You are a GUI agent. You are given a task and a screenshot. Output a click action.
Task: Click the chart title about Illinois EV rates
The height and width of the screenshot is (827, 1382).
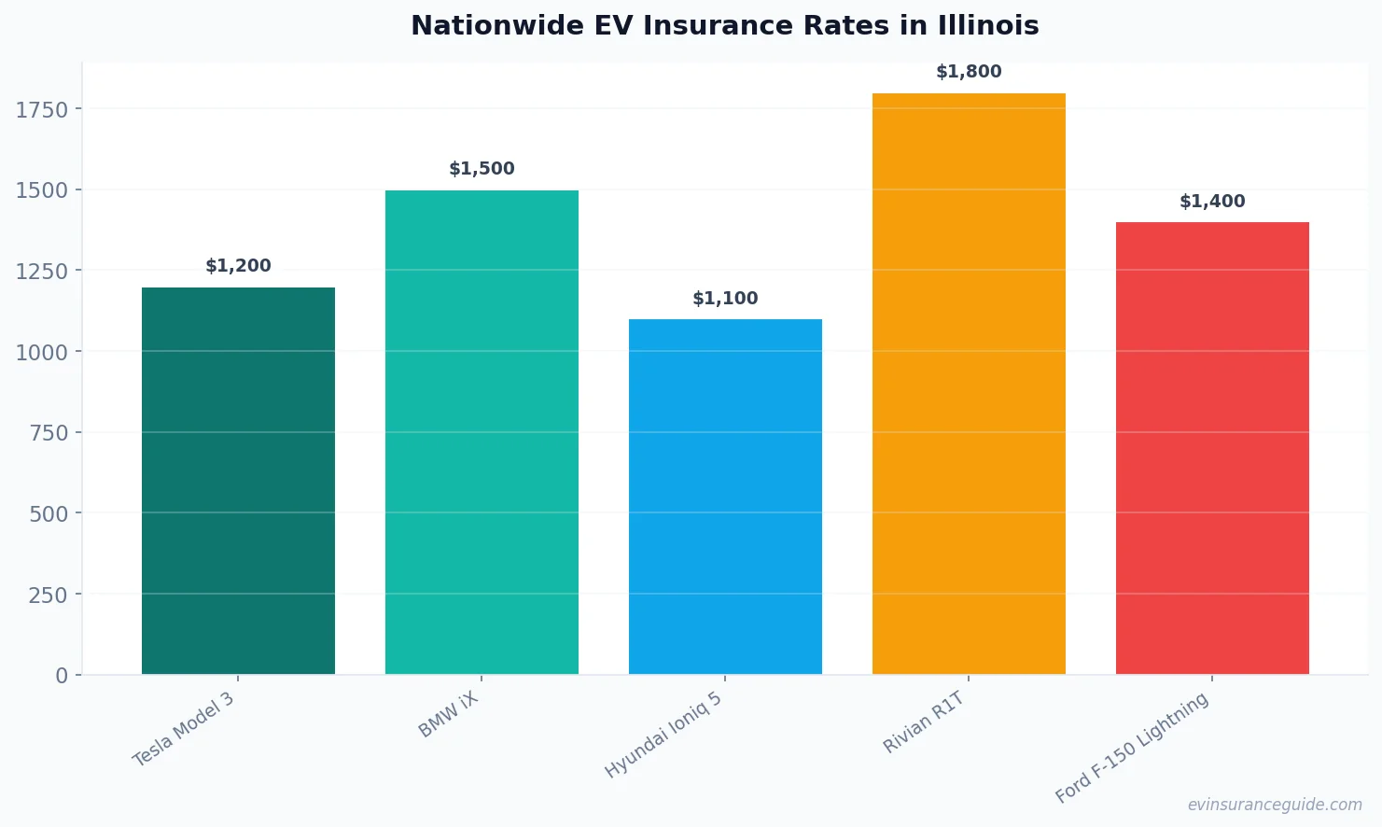(x=724, y=25)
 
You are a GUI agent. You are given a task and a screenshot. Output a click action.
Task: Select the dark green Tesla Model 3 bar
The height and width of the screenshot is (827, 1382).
(x=238, y=481)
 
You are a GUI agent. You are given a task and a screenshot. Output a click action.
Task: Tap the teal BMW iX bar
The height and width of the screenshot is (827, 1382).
(x=482, y=432)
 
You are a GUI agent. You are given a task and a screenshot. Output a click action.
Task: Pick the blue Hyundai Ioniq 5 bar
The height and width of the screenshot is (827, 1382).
(x=725, y=497)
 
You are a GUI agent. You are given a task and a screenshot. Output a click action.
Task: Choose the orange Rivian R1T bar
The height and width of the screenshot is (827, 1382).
(x=969, y=384)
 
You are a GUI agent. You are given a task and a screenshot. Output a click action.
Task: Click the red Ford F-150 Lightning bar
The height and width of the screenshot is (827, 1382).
(x=1212, y=448)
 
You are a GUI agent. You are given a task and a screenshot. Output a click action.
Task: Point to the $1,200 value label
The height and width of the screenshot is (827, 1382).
(x=238, y=266)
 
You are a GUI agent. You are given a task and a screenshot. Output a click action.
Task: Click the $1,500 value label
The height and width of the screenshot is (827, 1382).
(x=482, y=169)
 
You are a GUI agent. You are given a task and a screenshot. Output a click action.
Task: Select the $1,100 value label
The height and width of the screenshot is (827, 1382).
(x=725, y=299)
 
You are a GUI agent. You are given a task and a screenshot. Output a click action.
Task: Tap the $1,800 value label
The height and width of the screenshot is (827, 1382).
(x=969, y=72)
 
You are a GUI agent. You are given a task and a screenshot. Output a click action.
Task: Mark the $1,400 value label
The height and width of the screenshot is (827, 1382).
(x=1212, y=202)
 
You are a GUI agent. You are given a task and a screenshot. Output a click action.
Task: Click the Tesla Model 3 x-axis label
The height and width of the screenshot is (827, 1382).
(x=184, y=730)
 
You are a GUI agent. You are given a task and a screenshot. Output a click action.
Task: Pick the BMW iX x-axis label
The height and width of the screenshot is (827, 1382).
(x=448, y=715)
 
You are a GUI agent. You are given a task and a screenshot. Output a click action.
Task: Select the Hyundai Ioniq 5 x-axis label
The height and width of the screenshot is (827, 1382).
(x=663, y=736)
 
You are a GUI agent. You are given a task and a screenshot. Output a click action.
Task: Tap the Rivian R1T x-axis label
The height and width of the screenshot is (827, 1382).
(x=923, y=722)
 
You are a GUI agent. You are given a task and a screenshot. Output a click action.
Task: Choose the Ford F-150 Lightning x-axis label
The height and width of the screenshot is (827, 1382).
(x=1132, y=748)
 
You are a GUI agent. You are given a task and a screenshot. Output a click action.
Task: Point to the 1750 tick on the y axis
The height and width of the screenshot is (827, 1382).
(x=42, y=110)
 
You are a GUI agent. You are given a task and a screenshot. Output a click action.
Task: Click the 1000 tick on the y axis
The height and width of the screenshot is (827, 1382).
(x=42, y=353)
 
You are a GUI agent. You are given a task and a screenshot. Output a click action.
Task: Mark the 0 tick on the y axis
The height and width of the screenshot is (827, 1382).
(x=62, y=676)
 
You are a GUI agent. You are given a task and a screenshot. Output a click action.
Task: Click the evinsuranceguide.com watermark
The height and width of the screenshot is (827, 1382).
(x=1275, y=805)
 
